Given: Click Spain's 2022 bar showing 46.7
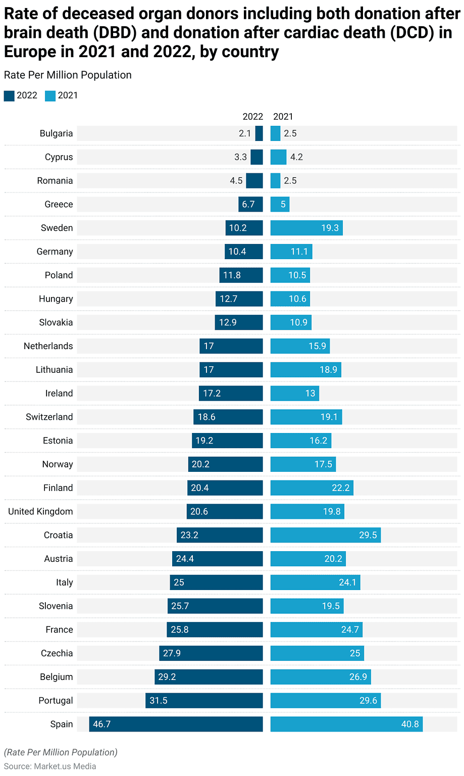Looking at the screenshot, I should coord(176,724).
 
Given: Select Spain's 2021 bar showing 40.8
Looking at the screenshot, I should coord(346,724).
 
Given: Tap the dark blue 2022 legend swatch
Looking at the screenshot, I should coord(9,95).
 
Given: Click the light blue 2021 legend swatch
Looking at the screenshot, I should coord(50,95).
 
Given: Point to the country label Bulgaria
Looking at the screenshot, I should coord(56,133).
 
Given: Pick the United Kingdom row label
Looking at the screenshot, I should coord(40,511).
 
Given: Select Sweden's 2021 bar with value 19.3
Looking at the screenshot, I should coord(306,228).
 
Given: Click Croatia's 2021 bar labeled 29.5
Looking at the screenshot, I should coord(325,535).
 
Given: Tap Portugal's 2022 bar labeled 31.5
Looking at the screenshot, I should coord(204,700).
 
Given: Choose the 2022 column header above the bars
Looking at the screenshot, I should coord(252,117).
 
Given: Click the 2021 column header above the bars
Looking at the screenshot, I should coord(283,117).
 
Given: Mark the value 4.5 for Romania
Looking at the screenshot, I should coord(236,181).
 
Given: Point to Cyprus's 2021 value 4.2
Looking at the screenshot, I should coord(296,157).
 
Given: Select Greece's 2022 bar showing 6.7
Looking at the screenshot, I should coord(250,204).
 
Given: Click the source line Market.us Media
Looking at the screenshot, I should coord(50,766).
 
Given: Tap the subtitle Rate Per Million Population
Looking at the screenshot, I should coord(68,75).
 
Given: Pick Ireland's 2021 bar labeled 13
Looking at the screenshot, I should coord(294,393).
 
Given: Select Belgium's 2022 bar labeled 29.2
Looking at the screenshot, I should coord(209,676).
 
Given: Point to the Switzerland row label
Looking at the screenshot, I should coord(49,417).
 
